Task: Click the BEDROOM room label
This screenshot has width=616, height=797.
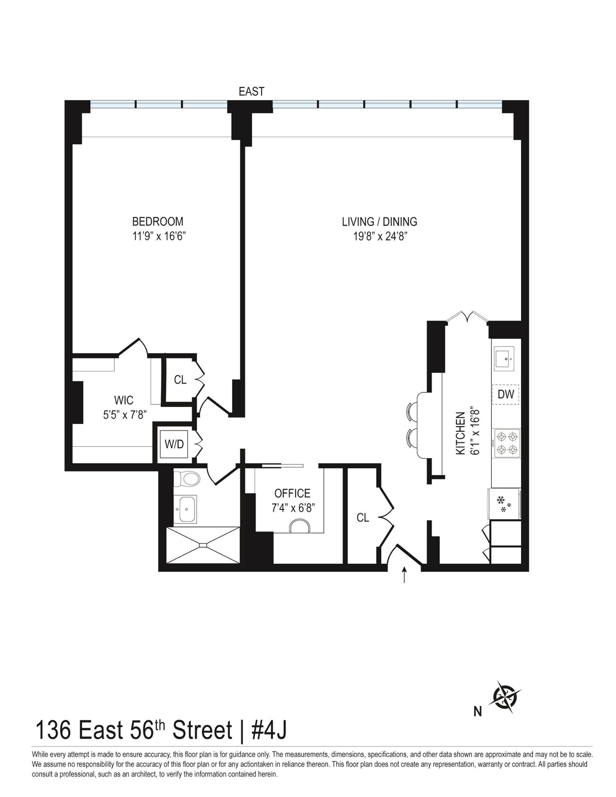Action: (x=158, y=221)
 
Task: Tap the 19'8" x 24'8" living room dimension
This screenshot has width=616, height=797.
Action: (x=380, y=236)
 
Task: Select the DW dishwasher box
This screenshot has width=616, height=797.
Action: (x=506, y=394)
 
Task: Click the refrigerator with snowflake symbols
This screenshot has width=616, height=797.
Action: (x=504, y=504)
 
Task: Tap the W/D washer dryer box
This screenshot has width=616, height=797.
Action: (x=174, y=444)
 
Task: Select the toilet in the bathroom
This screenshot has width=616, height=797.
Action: (x=187, y=479)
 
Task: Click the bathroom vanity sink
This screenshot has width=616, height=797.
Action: (x=185, y=509)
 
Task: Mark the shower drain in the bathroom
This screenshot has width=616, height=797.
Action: (x=203, y=545)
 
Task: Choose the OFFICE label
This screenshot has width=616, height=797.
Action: (x=292, y=493)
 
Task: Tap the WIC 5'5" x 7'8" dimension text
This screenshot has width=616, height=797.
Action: (x=125, y=415)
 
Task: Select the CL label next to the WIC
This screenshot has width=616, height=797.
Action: (x=180, y=380)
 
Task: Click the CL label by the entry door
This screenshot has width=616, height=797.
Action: (x=363, y=518)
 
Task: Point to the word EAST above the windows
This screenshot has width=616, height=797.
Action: (x=251, y=92)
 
